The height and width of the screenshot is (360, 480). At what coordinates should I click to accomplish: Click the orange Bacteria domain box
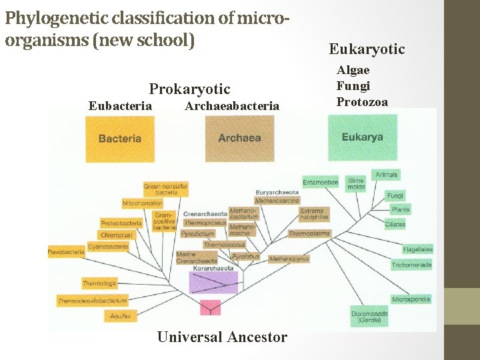tap(120, 139)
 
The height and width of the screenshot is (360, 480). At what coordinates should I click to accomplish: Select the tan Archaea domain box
tap(240, 139)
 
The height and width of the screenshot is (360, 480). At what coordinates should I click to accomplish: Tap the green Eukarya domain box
tap(362, 137)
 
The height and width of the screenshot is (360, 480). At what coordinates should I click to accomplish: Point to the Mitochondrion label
tap(142, 203)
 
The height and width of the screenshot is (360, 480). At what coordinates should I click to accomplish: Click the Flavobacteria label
tap(66, 252)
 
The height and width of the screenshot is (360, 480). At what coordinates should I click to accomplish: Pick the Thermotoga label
tap(99, 283)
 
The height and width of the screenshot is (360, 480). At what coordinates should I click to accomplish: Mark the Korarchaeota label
tap(213, 268)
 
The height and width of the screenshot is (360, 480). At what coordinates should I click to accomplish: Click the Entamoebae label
tap(320, 182)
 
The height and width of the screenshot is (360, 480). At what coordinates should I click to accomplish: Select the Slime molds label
tap(356, 183)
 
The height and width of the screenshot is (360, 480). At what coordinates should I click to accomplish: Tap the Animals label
tap(387, 175)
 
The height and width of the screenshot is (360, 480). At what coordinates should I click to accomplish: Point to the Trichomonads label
tap(411, 265)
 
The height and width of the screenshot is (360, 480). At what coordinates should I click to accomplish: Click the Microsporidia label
tap(411, 299)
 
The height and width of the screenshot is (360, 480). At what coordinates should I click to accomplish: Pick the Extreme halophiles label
tap(314, 214)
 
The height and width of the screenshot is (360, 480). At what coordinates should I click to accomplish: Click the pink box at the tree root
tap(211, 307)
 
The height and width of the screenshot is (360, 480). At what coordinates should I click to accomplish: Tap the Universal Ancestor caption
tap(222, 337)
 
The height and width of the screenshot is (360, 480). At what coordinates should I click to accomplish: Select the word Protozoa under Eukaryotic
tap(362, 101)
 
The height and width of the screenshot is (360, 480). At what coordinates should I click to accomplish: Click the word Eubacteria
tap(120, 105)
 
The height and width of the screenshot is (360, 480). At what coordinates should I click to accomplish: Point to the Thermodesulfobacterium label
tap(92, 301)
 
